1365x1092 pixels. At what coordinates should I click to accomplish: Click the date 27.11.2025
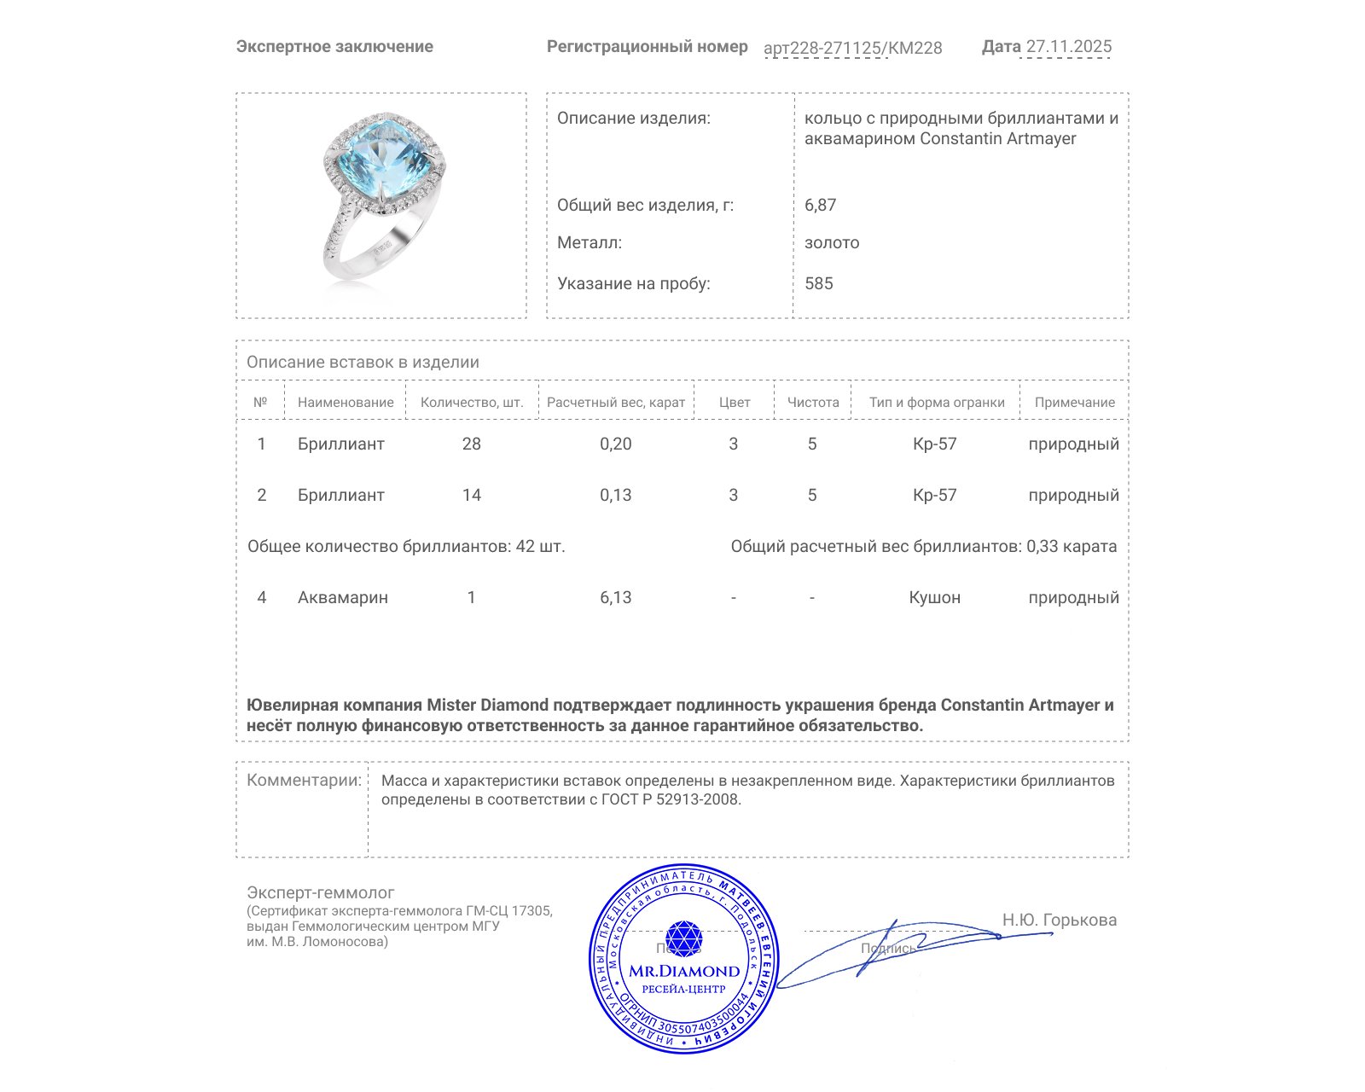coord(1068,47)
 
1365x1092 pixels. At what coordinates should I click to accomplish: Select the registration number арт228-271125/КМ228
coord(852,49)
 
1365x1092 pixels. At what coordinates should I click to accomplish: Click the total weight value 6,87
coord(820,206)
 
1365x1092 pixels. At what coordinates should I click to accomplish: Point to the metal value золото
coord(832,243)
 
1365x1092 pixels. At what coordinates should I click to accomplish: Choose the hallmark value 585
coord(818,284)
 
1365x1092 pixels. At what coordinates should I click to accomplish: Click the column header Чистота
coord(812,403)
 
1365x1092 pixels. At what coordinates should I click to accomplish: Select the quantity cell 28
coord(471,444)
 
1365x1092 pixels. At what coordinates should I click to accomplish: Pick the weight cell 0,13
coord(615,496)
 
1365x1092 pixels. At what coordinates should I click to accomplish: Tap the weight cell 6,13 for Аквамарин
coord(615,598)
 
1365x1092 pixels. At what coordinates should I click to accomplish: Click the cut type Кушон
coord(934,598)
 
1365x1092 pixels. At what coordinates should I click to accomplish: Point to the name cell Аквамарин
coord(342,598)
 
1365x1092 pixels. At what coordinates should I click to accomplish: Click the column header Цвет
coord(734,403)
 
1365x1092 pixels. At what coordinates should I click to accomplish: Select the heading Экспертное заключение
coord(334,47)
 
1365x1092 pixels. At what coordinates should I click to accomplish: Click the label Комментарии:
coord(304,781)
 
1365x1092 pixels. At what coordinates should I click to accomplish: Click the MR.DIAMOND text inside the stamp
coord(684,972)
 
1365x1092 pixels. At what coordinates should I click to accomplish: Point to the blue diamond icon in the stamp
coord(683,938)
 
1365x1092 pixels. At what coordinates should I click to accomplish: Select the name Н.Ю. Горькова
coord(1059,921)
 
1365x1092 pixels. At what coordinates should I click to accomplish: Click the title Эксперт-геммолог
coord(320,893)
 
